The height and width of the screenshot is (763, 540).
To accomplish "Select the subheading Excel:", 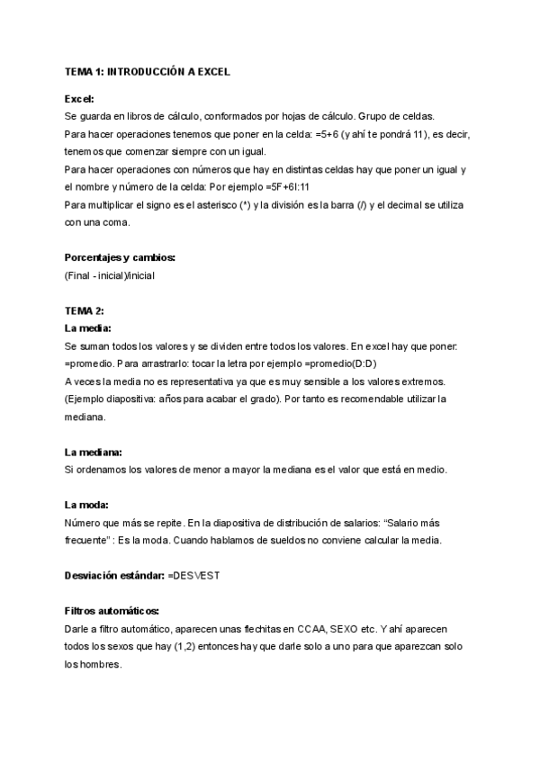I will click(79, 100).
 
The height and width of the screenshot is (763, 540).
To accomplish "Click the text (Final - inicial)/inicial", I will click(110, 275).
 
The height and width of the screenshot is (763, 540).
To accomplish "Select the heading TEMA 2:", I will click(85, 310).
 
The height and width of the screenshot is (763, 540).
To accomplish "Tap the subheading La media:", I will click(88, 328).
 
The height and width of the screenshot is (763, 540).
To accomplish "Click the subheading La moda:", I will click(87, 505).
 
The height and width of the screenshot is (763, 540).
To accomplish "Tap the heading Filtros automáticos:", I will click(112, 611).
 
